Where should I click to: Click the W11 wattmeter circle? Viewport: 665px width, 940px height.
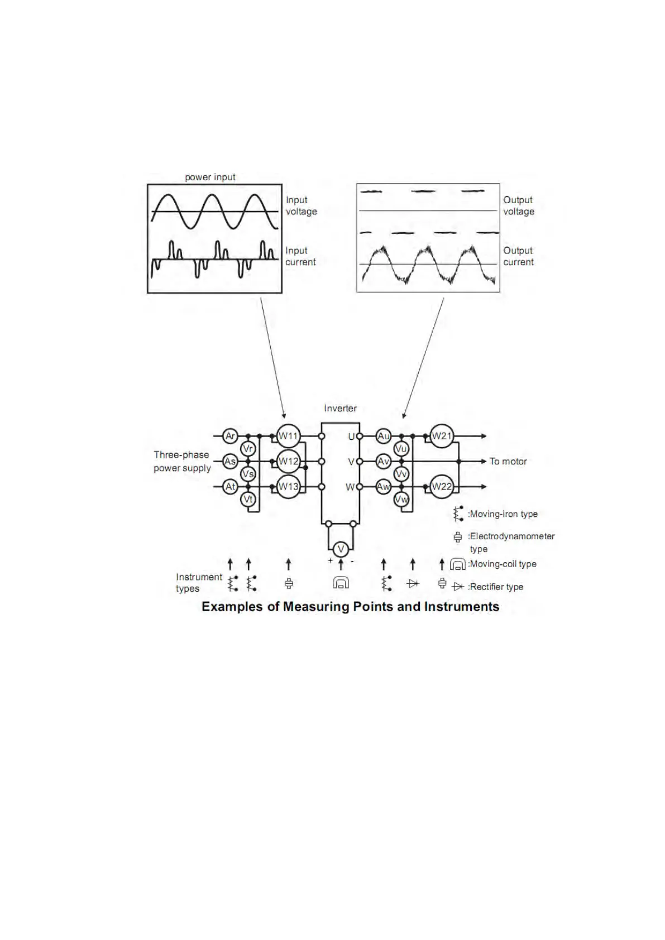(288, 436)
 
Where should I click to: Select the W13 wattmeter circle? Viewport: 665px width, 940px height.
(288, 486)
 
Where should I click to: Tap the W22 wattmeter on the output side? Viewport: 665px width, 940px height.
(442, 486)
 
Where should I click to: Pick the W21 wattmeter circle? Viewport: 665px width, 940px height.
(442, 436)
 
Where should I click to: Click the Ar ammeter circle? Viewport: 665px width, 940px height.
(230, 436)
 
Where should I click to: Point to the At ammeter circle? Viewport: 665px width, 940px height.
(230, 487)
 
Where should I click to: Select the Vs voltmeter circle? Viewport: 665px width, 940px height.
(248, 474)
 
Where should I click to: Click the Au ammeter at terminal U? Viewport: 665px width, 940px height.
(383, 436)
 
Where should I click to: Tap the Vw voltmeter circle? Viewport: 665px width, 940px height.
(401, 499)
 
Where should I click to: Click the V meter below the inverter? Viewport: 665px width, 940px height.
(341, 549)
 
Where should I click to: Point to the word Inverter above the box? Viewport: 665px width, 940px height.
(340, 408)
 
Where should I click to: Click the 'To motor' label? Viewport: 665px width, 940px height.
(508, 461)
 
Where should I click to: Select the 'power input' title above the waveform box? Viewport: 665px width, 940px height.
(210, 177)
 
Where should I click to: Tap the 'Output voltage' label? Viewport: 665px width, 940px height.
(519, 205)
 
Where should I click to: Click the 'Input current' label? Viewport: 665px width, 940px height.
(300, 256)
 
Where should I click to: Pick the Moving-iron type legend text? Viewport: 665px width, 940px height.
(504, 514)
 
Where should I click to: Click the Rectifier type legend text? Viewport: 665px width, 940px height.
(496, 587)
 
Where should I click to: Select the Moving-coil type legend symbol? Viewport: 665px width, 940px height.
(458, 564)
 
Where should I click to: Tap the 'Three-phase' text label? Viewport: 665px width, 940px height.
(181, 455)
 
